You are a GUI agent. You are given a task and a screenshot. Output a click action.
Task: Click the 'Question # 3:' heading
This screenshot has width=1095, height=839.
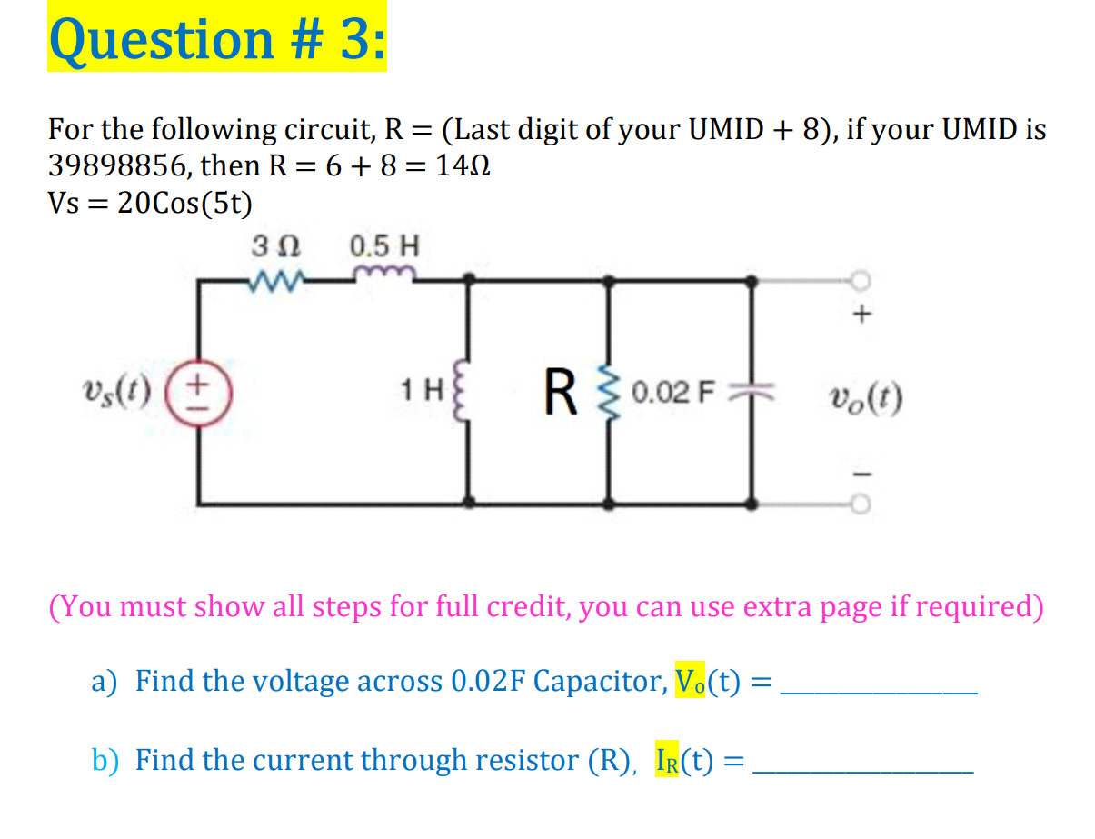[x=217, y=39]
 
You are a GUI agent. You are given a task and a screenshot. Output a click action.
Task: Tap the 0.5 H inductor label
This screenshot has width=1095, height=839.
[x=384, y=246]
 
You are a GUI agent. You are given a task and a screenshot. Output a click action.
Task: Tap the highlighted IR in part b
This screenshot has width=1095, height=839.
[x=671, y=759]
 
